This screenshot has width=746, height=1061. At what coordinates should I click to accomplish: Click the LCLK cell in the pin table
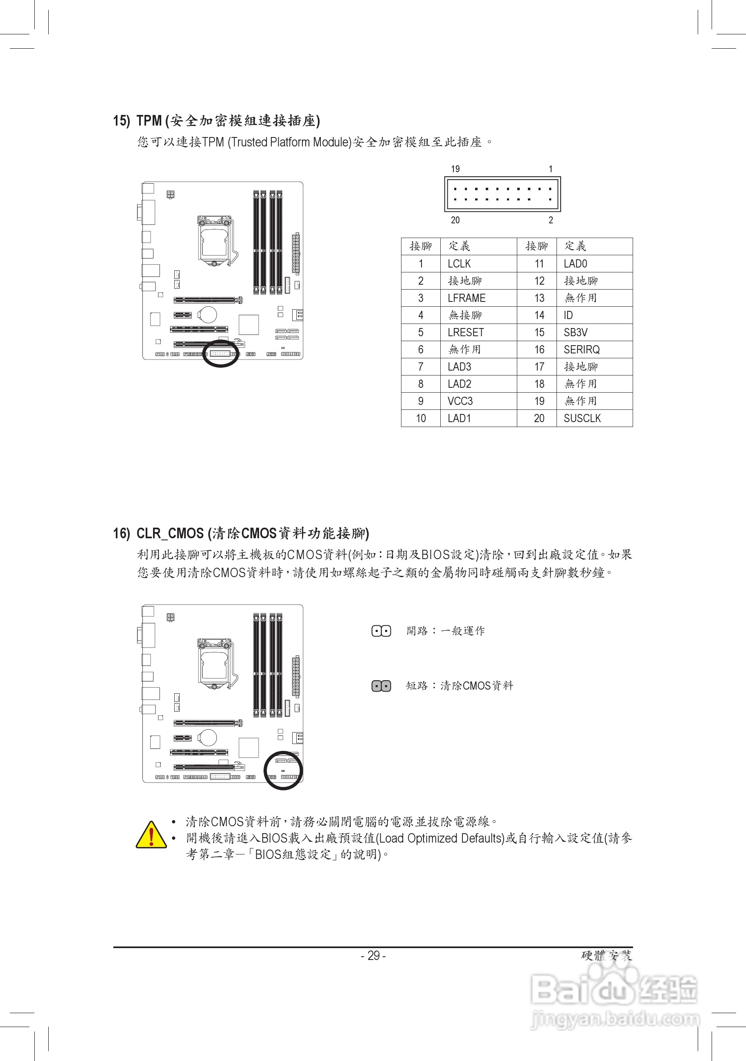tap(459, 264)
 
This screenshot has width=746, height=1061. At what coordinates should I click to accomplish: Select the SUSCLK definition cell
tap(582, 418)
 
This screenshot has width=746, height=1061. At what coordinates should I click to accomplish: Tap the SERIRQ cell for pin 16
tap(581, 350)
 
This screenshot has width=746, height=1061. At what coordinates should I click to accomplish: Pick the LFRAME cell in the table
tap(467, 298)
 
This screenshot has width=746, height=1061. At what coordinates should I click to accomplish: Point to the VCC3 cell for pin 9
tap(460, 401)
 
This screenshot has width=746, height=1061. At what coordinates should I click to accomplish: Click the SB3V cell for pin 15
tap(575, 333)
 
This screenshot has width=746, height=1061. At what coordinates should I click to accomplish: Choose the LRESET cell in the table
tap(465, 333)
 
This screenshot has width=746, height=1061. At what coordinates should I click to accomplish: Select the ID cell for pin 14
tap(568, 316)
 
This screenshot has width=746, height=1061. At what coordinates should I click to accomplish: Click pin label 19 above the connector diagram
tap(455, 169)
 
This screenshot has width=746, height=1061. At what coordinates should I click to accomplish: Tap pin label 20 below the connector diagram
tap(455, 220)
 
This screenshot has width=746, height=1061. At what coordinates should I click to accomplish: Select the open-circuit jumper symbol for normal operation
tap(381, 631)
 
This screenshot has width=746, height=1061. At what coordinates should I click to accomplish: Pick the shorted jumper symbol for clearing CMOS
tap(381, 686)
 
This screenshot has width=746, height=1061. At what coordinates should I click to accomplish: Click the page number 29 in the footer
tap(373, 955)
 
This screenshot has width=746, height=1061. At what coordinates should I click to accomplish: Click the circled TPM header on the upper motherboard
tap(221, 353)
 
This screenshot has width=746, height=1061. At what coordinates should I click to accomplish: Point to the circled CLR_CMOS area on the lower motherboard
tap(283, 771)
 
